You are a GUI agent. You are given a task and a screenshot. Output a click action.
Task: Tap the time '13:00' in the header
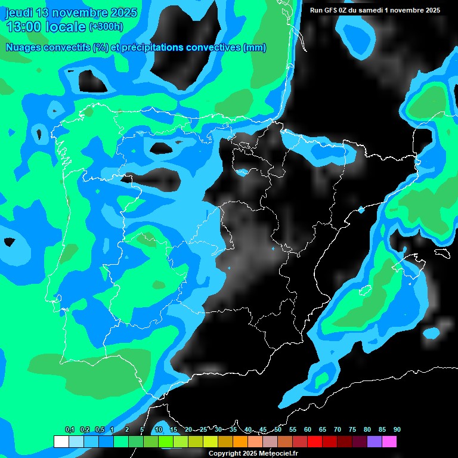23,27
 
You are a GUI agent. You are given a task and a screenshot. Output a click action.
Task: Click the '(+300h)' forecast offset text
106,27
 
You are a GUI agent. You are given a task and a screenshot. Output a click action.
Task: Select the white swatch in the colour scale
61,442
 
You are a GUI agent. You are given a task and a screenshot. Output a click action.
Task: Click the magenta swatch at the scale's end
389,442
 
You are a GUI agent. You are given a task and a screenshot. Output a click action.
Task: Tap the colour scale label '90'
397,430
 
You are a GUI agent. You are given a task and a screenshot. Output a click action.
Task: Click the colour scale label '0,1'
70,430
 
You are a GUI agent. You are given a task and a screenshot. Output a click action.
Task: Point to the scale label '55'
293,430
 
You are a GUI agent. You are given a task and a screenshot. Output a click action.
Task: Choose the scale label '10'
159,430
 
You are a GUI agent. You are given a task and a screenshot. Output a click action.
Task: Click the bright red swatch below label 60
314,442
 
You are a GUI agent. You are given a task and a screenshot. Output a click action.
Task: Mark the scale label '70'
338,430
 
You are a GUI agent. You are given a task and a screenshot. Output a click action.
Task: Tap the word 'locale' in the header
66,27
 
